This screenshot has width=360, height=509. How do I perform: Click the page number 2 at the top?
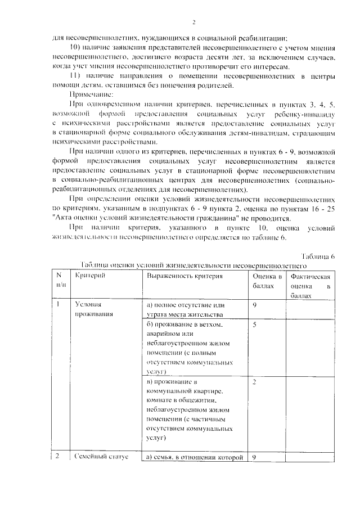[x=193, y=22]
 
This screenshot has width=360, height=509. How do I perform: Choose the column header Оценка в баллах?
[x=267, y=281]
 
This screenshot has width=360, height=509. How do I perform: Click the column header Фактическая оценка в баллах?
[x=309, y=285]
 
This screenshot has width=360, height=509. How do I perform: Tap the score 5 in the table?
[x=255, y=325]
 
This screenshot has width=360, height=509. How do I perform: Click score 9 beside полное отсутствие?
[x=255, y=305]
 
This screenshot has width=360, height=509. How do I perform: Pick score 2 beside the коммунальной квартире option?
[x=255, y=382]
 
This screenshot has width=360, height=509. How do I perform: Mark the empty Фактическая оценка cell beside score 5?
[x=309, y=348]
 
